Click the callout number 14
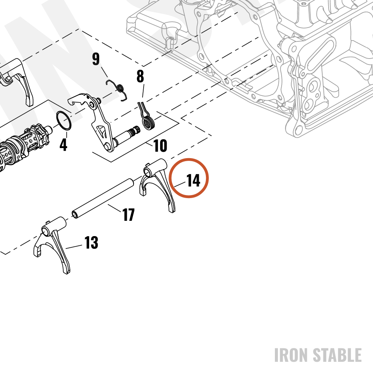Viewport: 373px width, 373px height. (193, 181)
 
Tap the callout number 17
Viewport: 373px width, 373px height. (128, 214)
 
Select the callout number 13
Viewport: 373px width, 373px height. (91, 243)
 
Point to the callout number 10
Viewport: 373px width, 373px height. (160, 145)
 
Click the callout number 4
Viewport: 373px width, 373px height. (63, 144)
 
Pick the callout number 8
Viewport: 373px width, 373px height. (140, 76)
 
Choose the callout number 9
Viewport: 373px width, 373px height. (96, 59)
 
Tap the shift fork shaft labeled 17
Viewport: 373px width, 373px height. (103, 199)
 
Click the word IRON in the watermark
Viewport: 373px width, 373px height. (292, 355)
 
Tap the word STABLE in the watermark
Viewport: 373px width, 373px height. (337, 355)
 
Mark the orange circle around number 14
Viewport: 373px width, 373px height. (189, 159)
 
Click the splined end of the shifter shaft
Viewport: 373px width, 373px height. (135, 131)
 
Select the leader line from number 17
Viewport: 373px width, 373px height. (114, 208)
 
